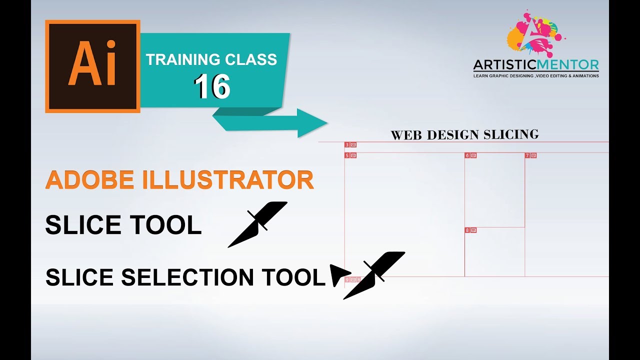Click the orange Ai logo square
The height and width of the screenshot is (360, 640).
92,66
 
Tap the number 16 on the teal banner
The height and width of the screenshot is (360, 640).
212,86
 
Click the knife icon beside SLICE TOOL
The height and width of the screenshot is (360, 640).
257,224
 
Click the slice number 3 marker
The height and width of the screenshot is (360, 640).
350,145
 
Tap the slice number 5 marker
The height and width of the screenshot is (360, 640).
350,155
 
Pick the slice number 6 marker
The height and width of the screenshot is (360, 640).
470,155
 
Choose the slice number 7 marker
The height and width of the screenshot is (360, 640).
530,155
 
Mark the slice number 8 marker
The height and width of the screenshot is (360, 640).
470,230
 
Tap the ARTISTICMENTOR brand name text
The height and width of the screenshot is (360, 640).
536,65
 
